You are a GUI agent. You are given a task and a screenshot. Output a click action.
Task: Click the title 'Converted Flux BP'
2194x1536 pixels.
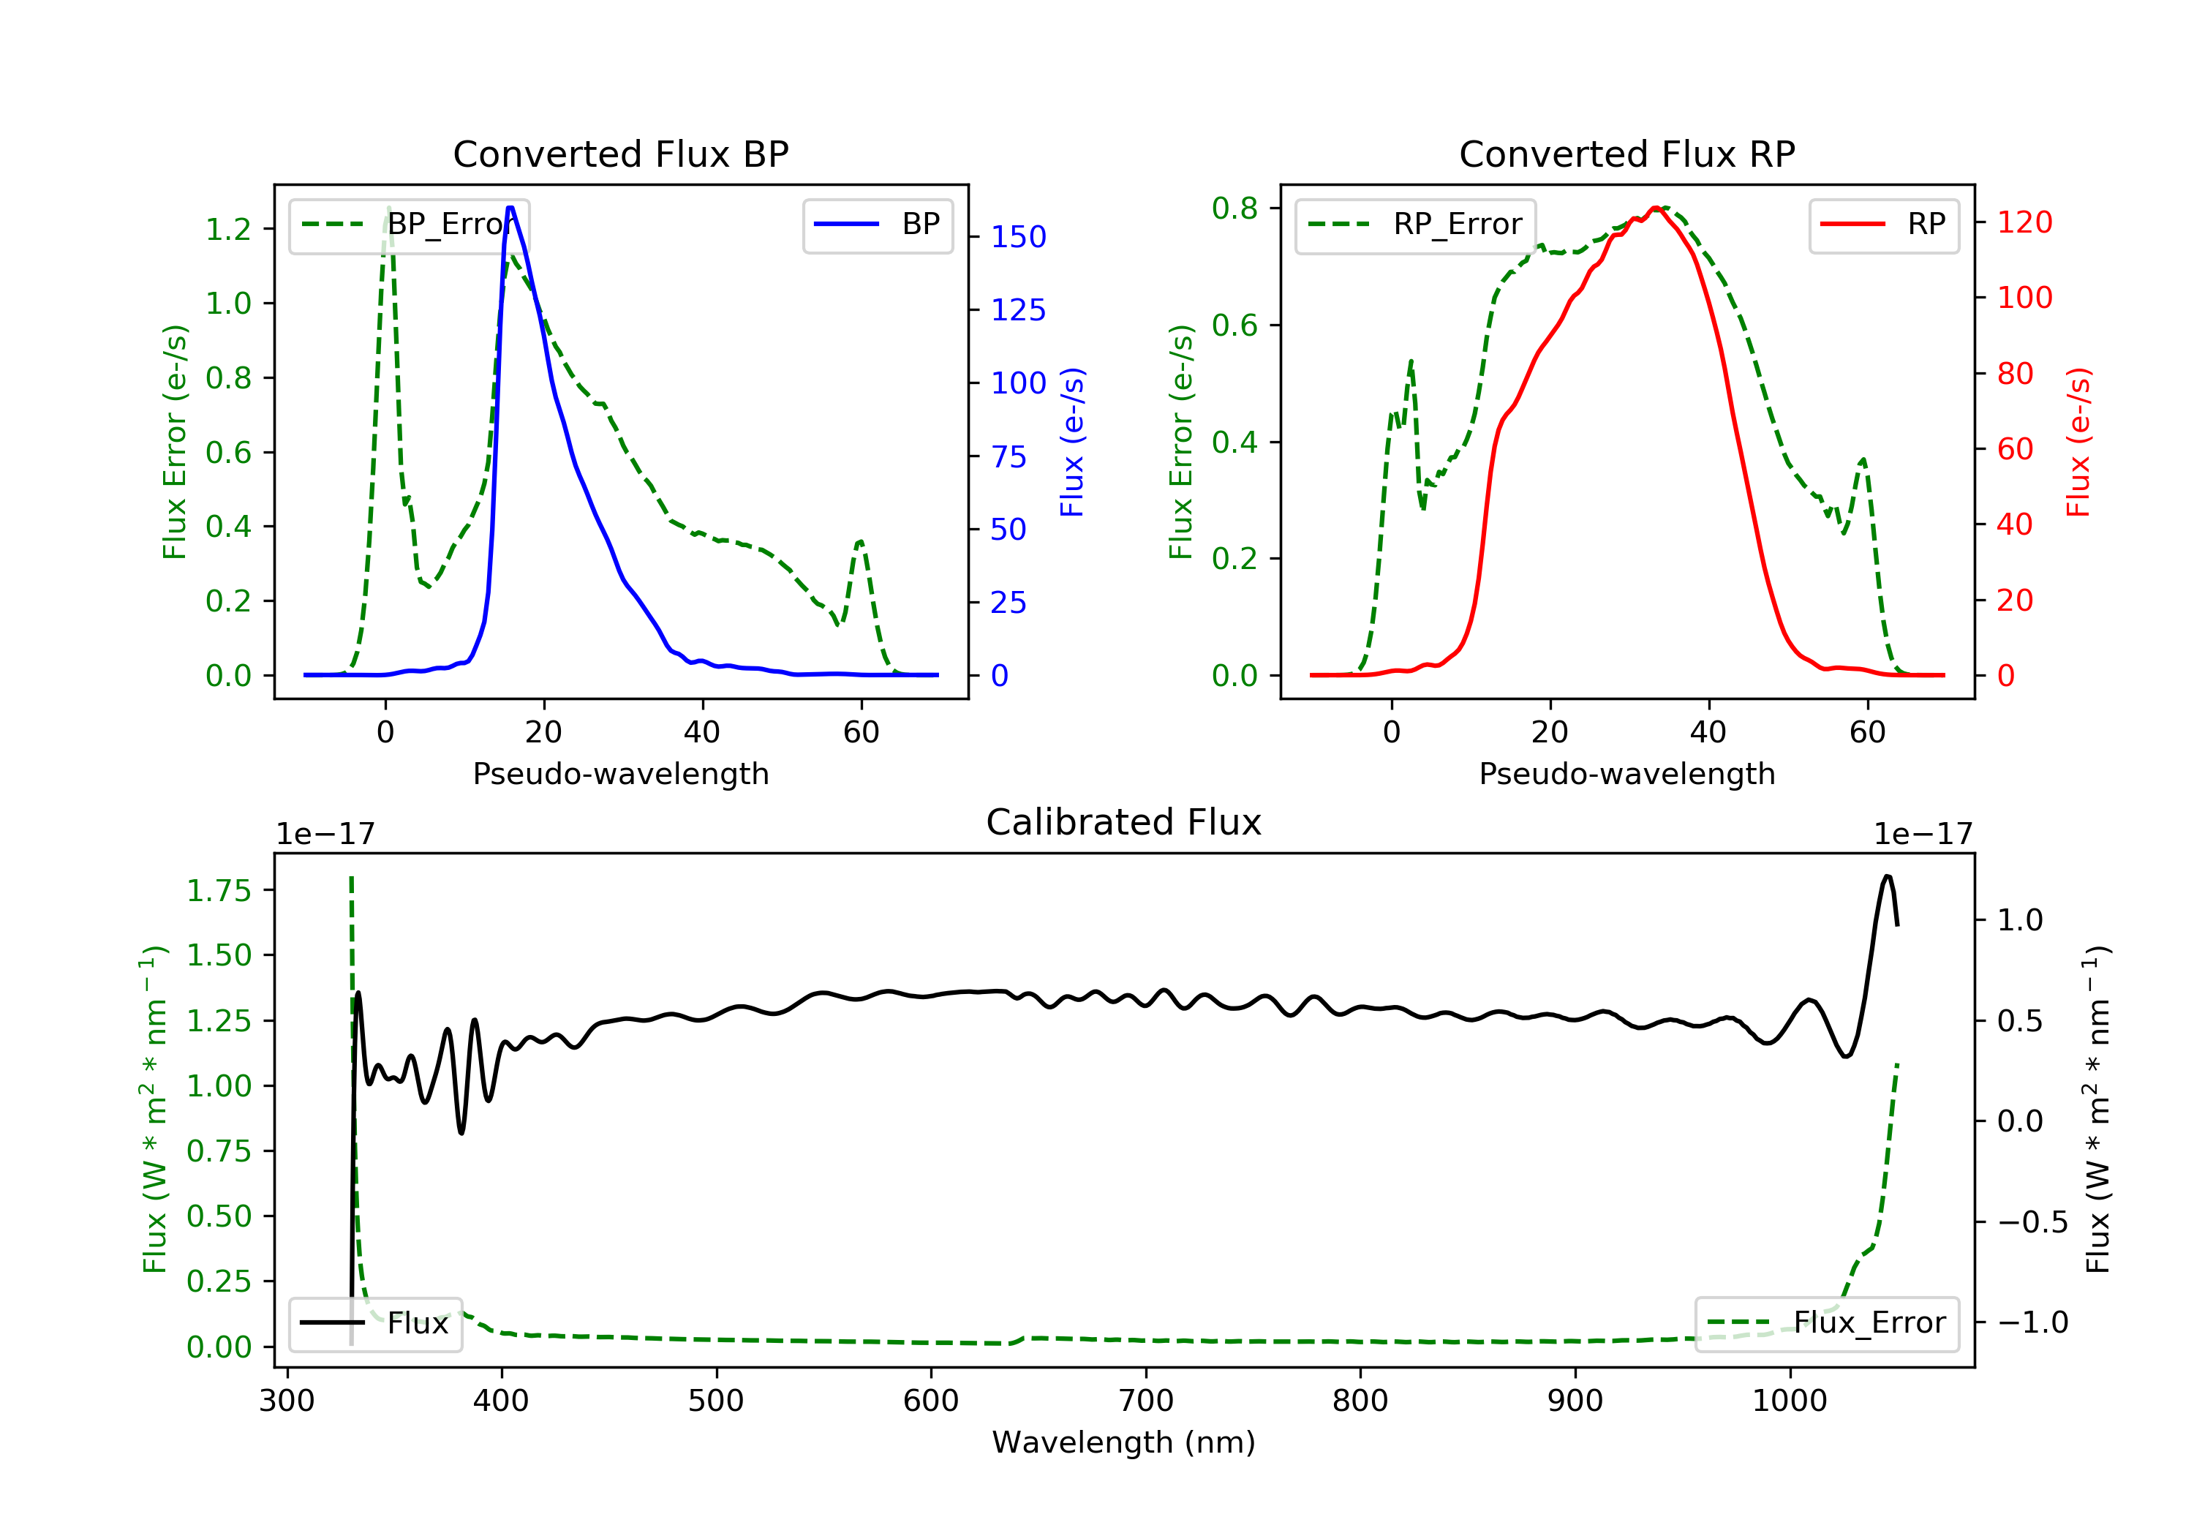[x=620, y=154]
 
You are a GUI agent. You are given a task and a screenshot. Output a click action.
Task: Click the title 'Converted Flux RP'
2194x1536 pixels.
[x=1626, y=154]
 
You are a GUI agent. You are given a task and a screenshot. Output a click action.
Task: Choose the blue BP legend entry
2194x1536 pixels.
[x=877, y=225]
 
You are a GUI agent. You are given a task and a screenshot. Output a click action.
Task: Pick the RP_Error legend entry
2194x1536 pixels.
[x=1414, y=225]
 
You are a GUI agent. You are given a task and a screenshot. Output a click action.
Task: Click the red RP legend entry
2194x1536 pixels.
[x=1882, y=225]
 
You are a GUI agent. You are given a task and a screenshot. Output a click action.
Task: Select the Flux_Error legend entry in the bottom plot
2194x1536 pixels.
[x=1826, y=1323]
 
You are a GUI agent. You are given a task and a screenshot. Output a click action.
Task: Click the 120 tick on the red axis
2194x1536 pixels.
[x=2024, y=222]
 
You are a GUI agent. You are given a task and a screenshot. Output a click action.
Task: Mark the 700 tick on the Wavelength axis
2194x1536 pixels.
[x=1146, y=1401]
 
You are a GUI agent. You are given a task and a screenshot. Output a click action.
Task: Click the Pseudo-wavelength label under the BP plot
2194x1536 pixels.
[x=620, y=773]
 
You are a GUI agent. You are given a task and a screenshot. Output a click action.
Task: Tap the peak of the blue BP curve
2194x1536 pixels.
[x=510, y=208]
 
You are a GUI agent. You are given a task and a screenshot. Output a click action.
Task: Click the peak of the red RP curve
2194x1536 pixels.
[x=1655, y=208]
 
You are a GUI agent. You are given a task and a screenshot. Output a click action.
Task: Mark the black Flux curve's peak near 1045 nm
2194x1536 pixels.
[x=1886, y=876]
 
